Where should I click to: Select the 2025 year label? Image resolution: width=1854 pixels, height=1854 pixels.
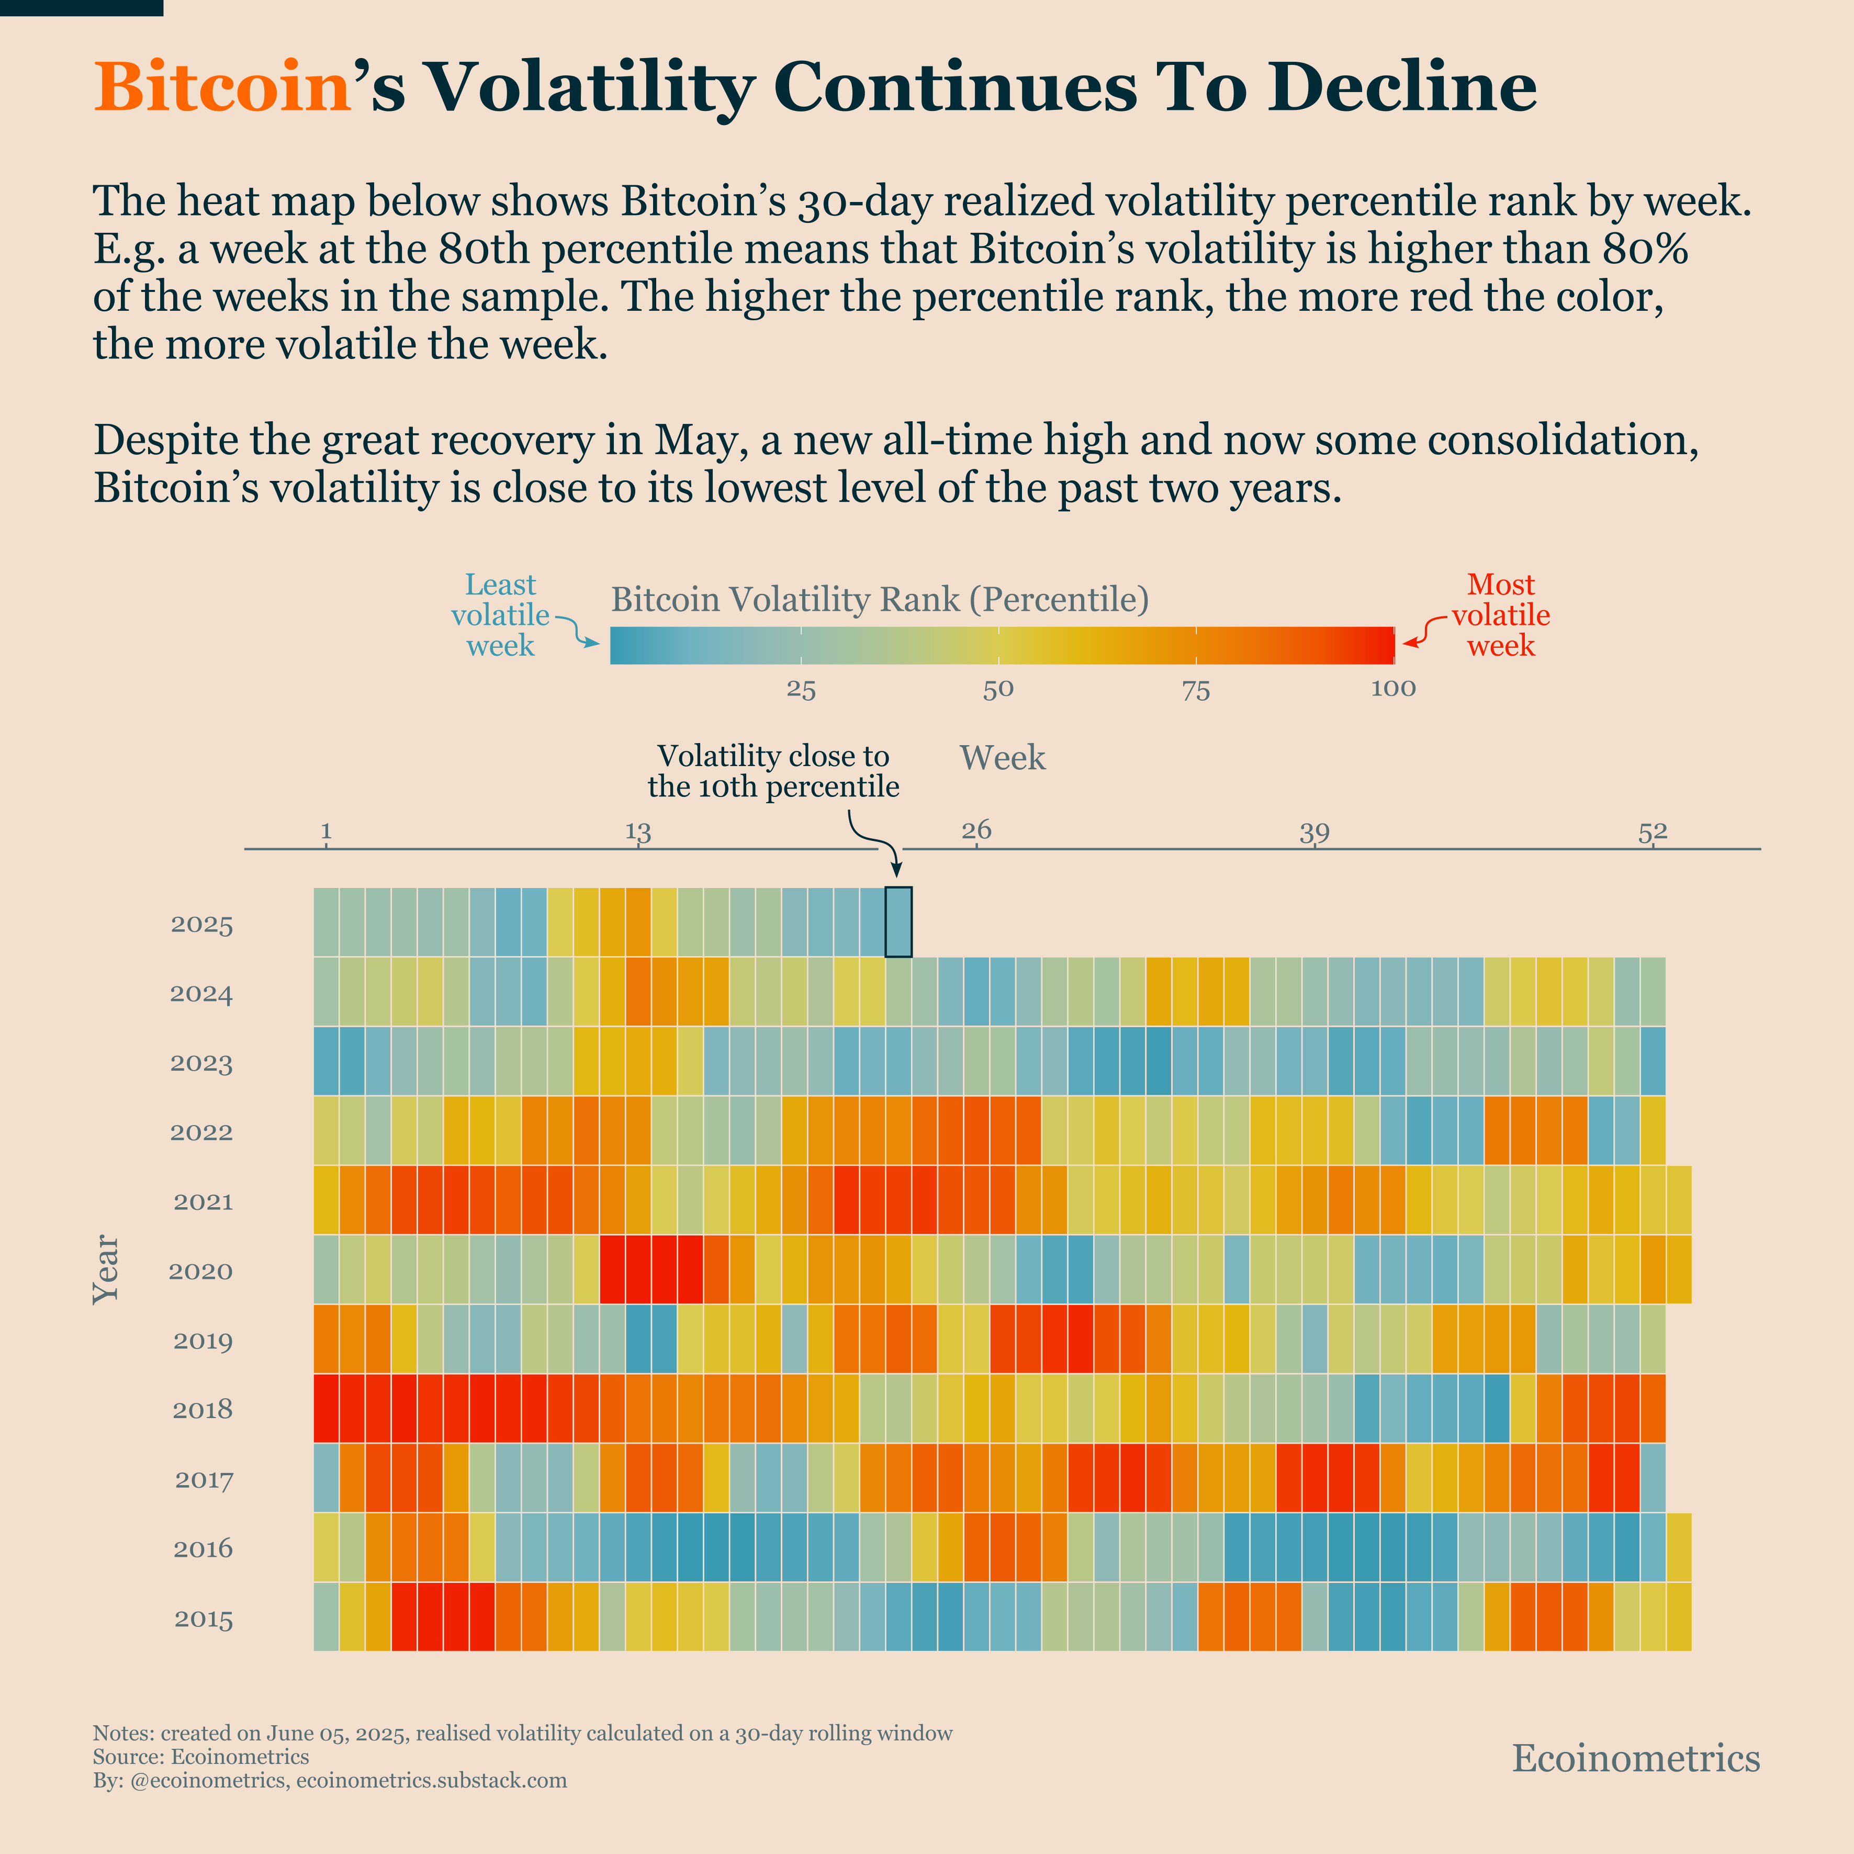click(x=201, y=925)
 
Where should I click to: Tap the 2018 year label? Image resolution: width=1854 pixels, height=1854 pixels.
click(x=201, y=1410)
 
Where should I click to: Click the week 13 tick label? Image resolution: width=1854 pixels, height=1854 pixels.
click(x=638, y=831)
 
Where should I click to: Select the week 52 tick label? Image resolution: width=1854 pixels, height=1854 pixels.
click(x=1653, y=831)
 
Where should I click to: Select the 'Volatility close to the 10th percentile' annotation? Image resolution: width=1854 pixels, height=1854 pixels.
click(x=773, y=771)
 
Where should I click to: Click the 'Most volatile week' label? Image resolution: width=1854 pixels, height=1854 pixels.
click(x=1501, y=615)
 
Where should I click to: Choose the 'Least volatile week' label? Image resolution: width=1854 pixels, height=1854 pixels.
click(x=500, y=615)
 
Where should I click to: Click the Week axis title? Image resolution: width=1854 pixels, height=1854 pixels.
click(x=1002, y=758)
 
